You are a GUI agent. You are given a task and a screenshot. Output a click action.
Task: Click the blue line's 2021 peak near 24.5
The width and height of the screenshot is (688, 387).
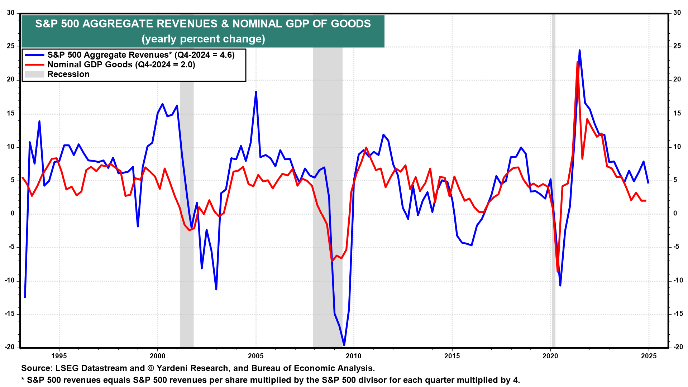[579, 50]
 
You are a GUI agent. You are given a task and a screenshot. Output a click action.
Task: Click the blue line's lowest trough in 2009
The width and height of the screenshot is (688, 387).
[344, 345]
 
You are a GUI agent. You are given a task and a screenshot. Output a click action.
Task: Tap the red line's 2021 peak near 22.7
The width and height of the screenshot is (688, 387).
[577, 62]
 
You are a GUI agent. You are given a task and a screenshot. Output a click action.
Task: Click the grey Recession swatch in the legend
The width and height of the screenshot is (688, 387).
[34, 74]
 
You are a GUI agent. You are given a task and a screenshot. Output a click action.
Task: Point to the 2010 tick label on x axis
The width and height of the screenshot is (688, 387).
[354, 356]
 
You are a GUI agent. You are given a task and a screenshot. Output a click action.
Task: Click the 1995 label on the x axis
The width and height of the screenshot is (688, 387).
[59, 356]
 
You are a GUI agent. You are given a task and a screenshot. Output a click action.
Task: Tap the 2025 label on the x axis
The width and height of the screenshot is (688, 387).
[649, 356]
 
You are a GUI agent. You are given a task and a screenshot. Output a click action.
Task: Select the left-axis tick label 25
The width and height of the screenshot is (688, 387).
[11, 46]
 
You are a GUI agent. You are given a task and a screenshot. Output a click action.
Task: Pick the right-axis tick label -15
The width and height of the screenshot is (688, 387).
[677, 314]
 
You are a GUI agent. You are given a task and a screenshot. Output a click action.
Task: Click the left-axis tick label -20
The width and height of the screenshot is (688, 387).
[10, 347]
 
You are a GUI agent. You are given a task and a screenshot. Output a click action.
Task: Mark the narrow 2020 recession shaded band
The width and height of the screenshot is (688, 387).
[554, 179]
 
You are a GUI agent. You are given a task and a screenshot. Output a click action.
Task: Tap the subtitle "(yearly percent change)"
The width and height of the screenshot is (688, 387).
[203, 39]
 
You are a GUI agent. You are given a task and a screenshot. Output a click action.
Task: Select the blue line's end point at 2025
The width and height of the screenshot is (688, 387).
[648, 183]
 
